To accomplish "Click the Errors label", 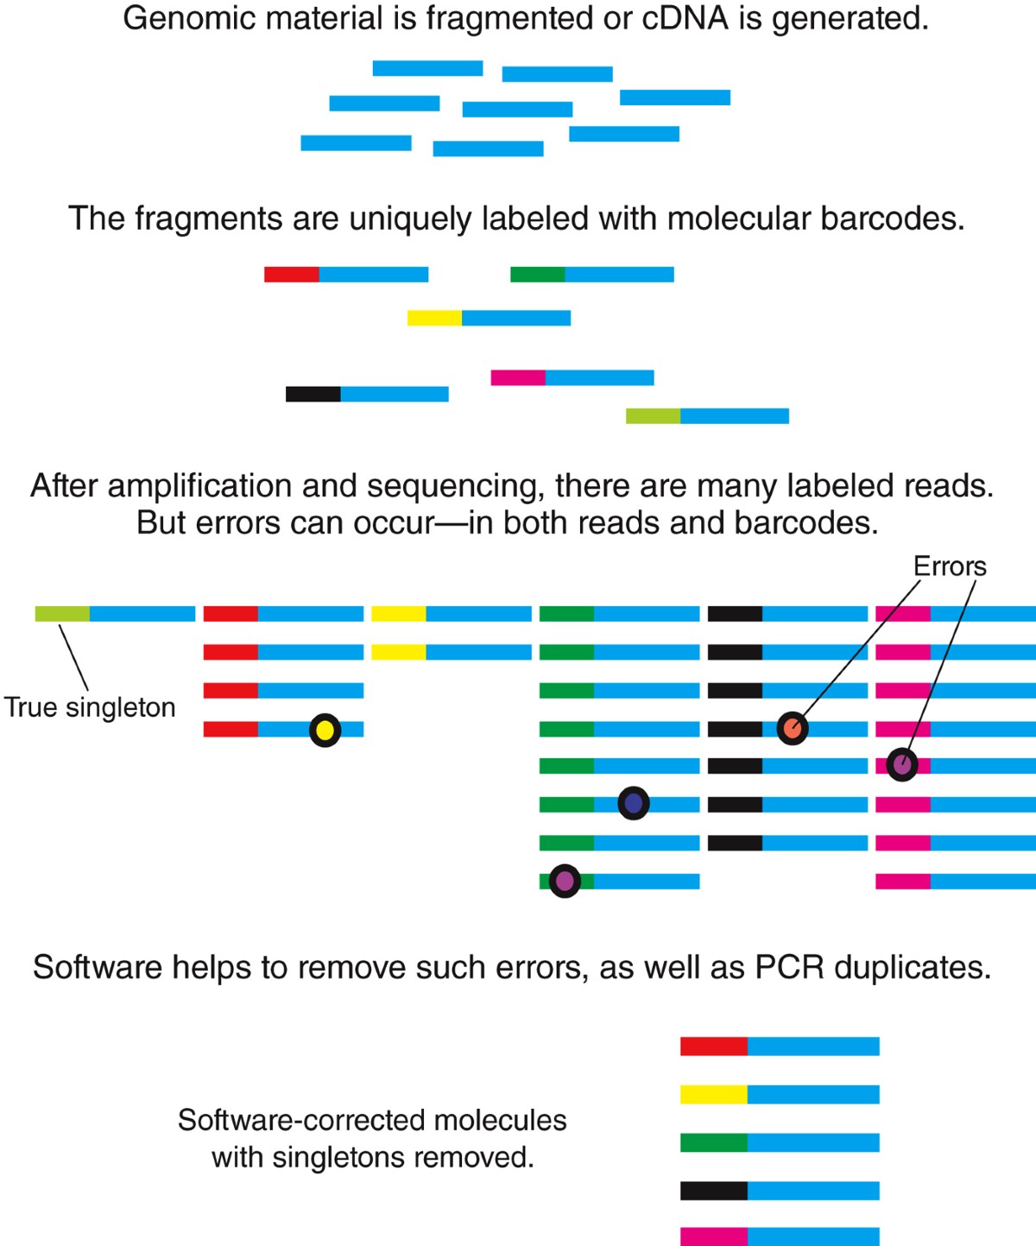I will (950, 566).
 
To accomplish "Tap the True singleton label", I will (90, 707).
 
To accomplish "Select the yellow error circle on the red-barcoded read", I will (325, 731).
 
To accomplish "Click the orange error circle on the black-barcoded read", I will (793, 729).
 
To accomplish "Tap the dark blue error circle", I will (634, 804).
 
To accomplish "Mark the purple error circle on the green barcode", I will (565, 881).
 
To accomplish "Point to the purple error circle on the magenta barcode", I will (902, 764).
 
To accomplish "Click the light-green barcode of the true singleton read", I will (62, 614).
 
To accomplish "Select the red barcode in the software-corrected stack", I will (713, 1047).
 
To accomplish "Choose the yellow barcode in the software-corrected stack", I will (713, 1095).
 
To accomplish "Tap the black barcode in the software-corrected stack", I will (713, 1191).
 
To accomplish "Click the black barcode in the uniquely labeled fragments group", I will (313, 394).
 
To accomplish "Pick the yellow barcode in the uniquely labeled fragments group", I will (434, 318).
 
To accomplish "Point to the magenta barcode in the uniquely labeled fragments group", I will (518, 377).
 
